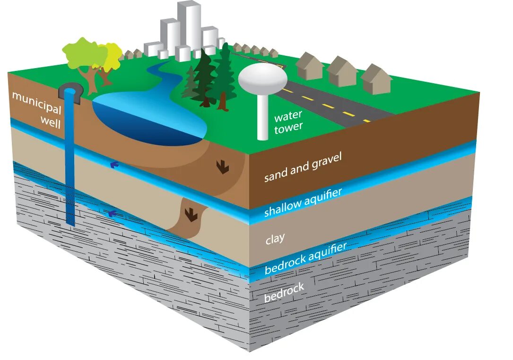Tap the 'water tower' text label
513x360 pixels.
click(288, 122)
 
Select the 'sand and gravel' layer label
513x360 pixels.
click(303, 167)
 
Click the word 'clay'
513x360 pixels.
click(275, 239)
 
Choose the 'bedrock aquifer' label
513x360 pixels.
click(305, 258)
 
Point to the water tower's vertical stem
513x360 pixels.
click(262, 118)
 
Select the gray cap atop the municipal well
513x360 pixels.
click(71, 91)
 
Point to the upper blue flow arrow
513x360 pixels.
click(113, 165)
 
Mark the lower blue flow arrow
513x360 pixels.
click(112, 213)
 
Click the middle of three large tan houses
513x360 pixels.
click(341, 71)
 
